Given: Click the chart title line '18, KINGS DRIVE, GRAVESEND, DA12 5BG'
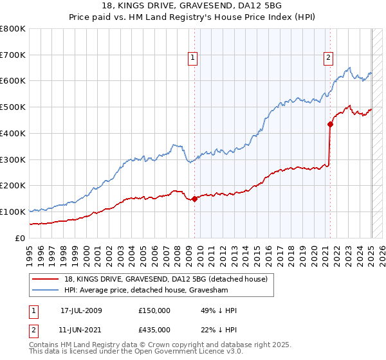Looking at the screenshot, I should point(192,6).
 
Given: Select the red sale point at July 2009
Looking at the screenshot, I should point(194,199).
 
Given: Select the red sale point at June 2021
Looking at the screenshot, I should point(330,124).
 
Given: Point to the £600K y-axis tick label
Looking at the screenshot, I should point(13,81).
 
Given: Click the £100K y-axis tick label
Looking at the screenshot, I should point(13,212).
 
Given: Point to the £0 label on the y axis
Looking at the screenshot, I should point(19,238).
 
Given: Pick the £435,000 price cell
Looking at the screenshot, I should point(154,329).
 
